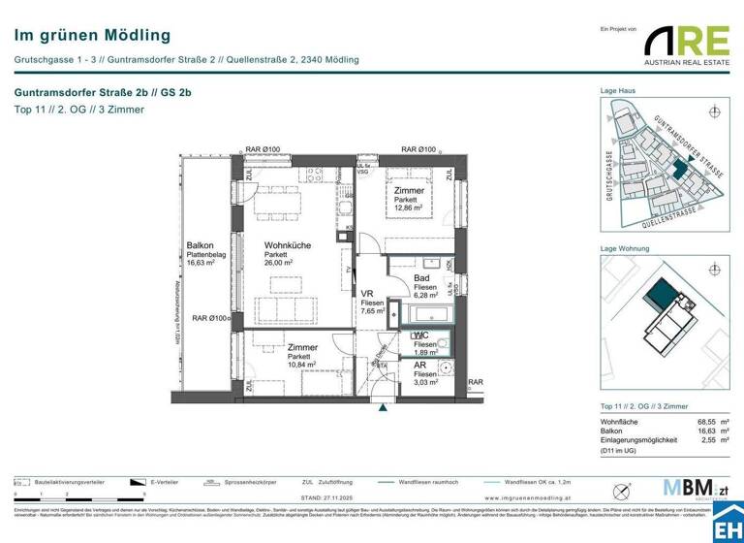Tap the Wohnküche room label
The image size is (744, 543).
pyautogui.click(x=288, y=246)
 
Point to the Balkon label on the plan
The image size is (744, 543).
pyautogui.click(x=201, y=246)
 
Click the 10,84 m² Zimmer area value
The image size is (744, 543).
pyautogui.click(x=301, y=366)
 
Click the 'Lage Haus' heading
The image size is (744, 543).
pyautogui.click(x=617, y=91)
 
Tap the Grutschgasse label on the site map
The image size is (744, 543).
pyautogui.click(x=609, y=174)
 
